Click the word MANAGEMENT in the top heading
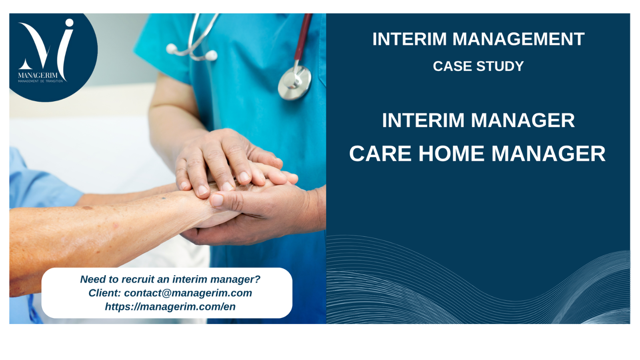(518, 39)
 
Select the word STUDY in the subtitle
(500, 66)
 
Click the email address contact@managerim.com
(188, 293)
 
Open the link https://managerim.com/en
(170, 306)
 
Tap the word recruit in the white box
(138, 279)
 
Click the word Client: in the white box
(105, 293)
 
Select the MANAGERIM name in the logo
(38, 75)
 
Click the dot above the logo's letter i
(69, 23)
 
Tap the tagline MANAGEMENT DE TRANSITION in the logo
(40, 81)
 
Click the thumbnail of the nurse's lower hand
(218, 200)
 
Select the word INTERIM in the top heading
(410, 39)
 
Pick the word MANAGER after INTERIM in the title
(522, 120)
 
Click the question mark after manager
(257, 279)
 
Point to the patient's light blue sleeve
(37, 180)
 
